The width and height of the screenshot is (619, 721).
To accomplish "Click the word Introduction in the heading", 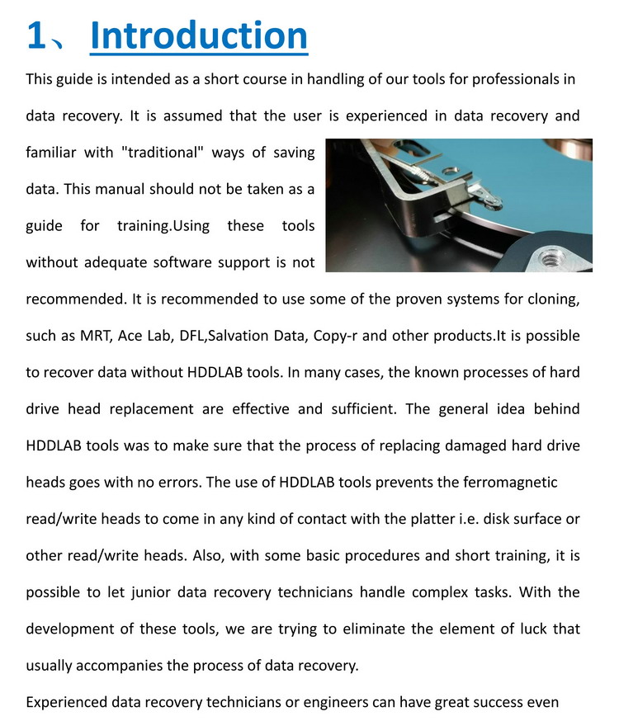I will (198, 36).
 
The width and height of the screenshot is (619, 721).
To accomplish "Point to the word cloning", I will (555, 299).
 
